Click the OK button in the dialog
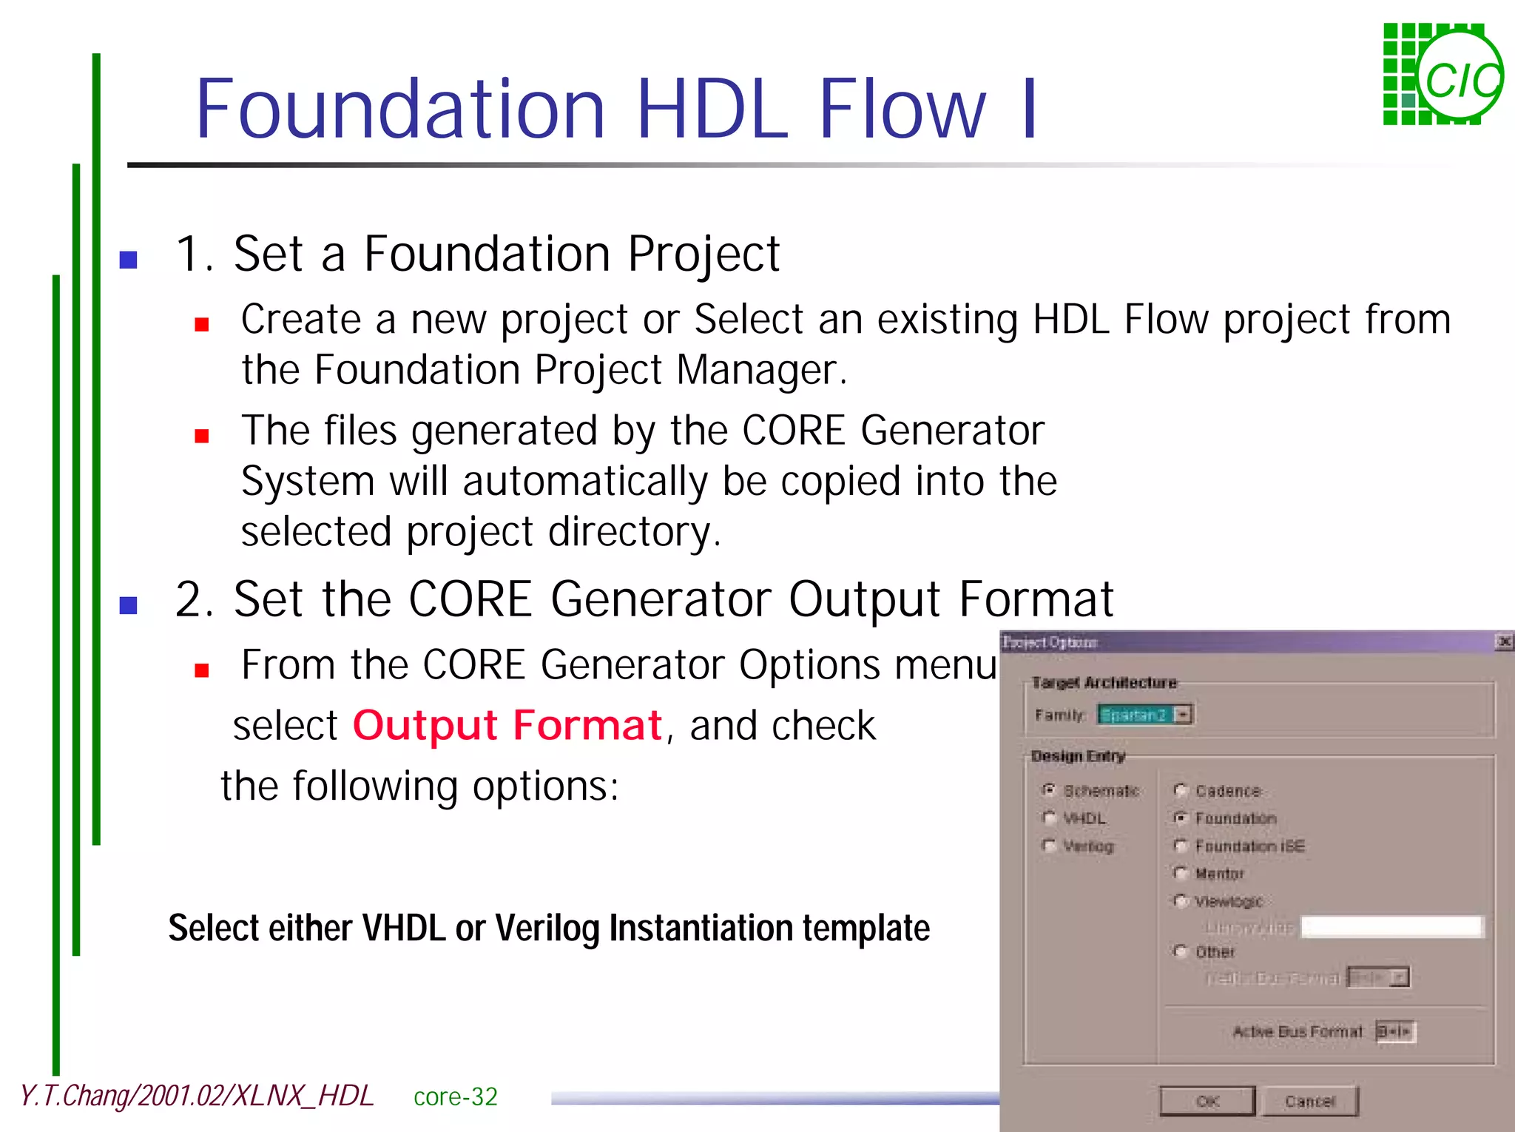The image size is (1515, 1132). pos(1207,1101)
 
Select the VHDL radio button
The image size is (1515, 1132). pos(1049,818)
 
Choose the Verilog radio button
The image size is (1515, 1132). pos(1049,846)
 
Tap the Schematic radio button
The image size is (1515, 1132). pos(1049,790)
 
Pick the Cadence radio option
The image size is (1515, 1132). pos(1181,791)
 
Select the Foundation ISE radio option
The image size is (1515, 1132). pos(1181,846)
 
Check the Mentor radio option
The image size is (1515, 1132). pos(1181,874)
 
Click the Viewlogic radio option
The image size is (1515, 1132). pos(1181,901)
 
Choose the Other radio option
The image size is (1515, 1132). pos(1181,951)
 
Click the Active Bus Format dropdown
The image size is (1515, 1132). pos(1396,1031)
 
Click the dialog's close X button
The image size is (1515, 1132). pos(1503,642)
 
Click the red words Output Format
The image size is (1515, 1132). pos(507,725)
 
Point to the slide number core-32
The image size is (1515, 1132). pos(455,1096)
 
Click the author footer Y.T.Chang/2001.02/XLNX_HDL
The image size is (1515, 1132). pos(197,1096)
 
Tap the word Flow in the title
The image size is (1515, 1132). pos(902,109)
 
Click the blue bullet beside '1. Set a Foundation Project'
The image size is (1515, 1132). pos(129,260)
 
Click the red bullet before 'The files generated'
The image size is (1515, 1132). pos(202,436)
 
